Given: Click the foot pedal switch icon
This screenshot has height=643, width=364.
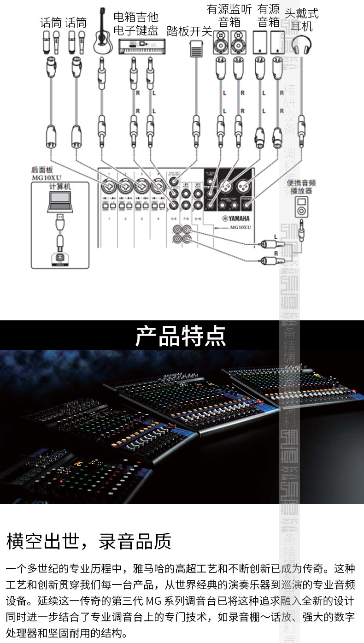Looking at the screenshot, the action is click(x=196, y=47).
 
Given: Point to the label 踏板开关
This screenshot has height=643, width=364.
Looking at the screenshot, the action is click(x=189, y=32).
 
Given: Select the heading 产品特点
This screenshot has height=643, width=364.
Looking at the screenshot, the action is click(x=181, y=336).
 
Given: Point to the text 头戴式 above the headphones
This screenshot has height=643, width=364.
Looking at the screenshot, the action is click(x=302, y=13).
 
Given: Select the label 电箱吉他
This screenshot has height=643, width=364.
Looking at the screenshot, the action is click(x=136, y=18).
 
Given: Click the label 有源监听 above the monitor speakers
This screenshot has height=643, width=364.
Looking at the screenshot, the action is click(x=229, y=9).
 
